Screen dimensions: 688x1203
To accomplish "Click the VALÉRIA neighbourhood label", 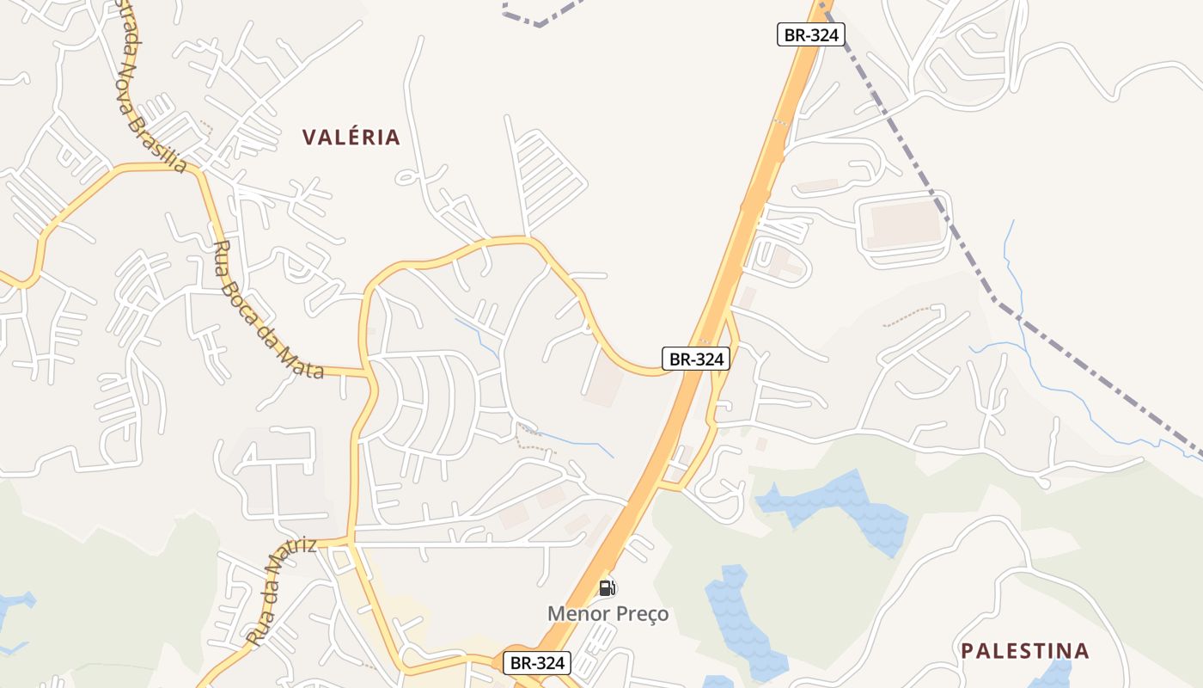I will pyautogui.click(x=351, y=137).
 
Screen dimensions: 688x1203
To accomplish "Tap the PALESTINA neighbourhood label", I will pyautogui.click(x=1024, y=650).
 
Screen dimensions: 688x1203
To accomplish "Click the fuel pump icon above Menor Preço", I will pyautogui.click(x=607, y=588).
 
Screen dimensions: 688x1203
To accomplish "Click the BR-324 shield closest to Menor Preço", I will pyautogui.click(x=537, y=663).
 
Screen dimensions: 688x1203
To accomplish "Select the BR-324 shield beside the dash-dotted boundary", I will pyautogui.click(x=811, y=34).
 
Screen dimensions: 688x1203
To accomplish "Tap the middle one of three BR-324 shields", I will pyautogui.click(x=696, y=359).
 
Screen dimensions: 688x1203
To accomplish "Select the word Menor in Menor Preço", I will pyautogui.click(x=576, y=613).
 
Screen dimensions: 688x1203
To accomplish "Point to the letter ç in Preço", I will pyautogui.click(x=650, y=614).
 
